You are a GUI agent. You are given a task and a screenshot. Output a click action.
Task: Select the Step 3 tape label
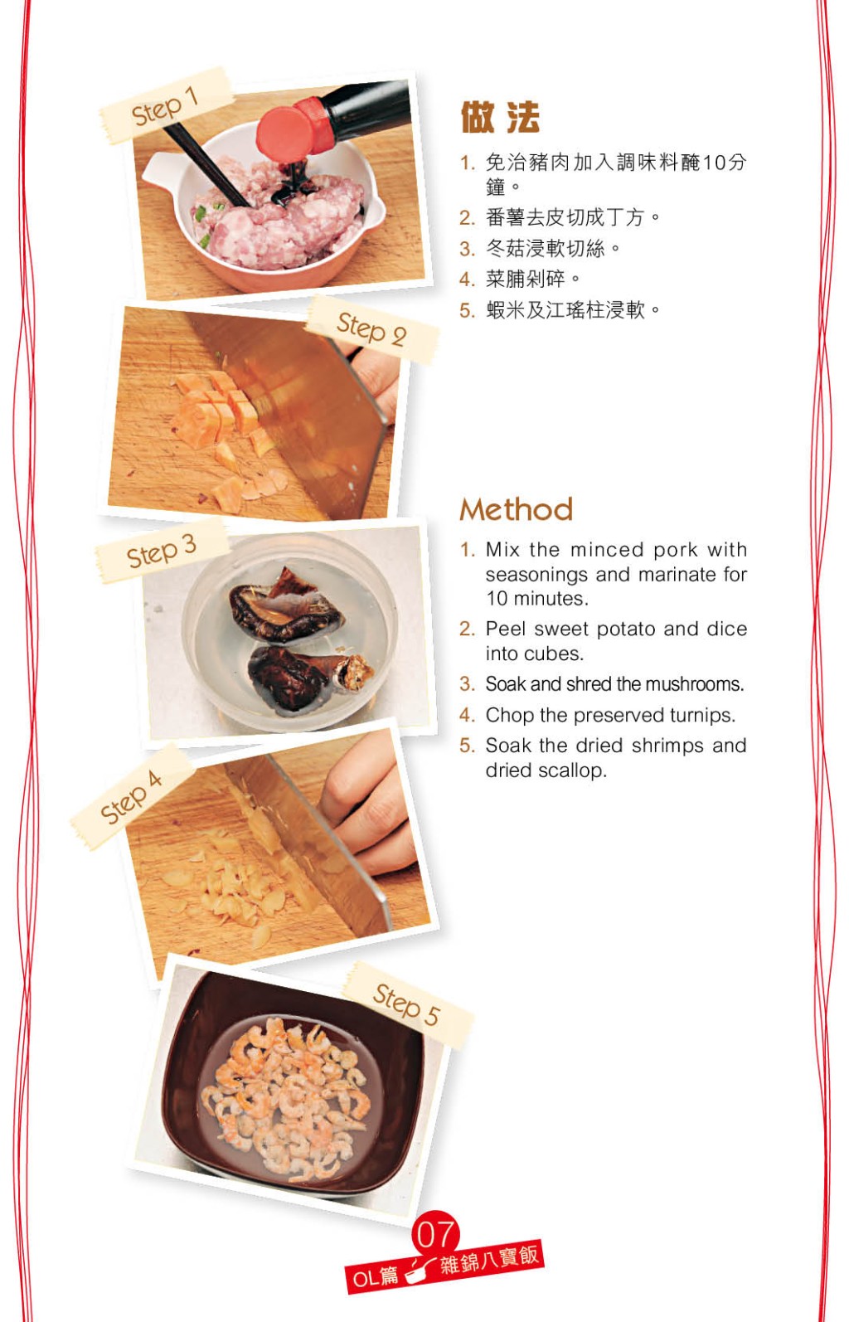(x=162, y=552)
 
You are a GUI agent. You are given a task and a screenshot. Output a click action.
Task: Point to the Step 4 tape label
(x=132, y=797)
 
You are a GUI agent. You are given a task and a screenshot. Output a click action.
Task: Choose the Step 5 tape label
(x=407, y=1004)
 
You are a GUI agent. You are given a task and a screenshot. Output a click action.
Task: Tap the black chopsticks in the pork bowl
(x=207, y=165)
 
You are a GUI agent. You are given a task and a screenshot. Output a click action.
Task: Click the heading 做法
(x=500, y=117)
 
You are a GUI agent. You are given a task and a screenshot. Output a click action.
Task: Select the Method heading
(x=516, y=509)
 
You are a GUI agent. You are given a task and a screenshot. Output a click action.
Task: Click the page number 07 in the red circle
(x=435, y=1234)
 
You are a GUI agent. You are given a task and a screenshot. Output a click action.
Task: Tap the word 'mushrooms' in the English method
(x=693, y=684)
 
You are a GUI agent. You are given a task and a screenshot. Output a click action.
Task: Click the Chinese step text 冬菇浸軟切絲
(x=546, y=249)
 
